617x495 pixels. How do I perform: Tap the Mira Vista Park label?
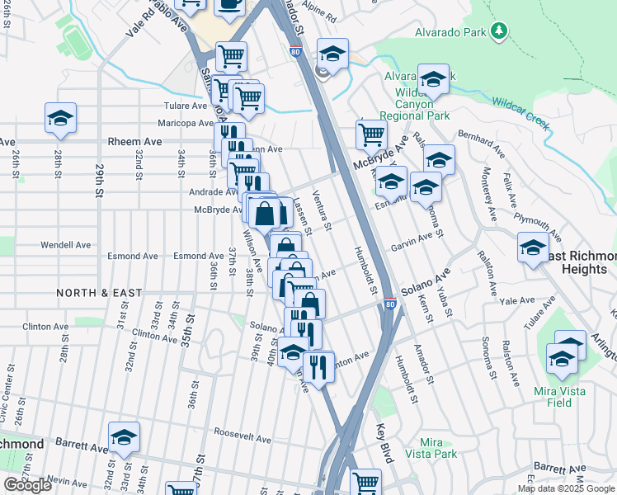437,448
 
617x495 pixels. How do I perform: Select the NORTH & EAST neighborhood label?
99,293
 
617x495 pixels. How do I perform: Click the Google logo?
27,484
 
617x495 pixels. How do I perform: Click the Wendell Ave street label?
65,245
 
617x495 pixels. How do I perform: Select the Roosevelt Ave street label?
219,431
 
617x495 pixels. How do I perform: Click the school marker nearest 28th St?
60,119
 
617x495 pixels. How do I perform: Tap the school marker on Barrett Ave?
124,439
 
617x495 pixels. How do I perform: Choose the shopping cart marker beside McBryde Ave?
372,134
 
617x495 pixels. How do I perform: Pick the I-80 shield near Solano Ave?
390,305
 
